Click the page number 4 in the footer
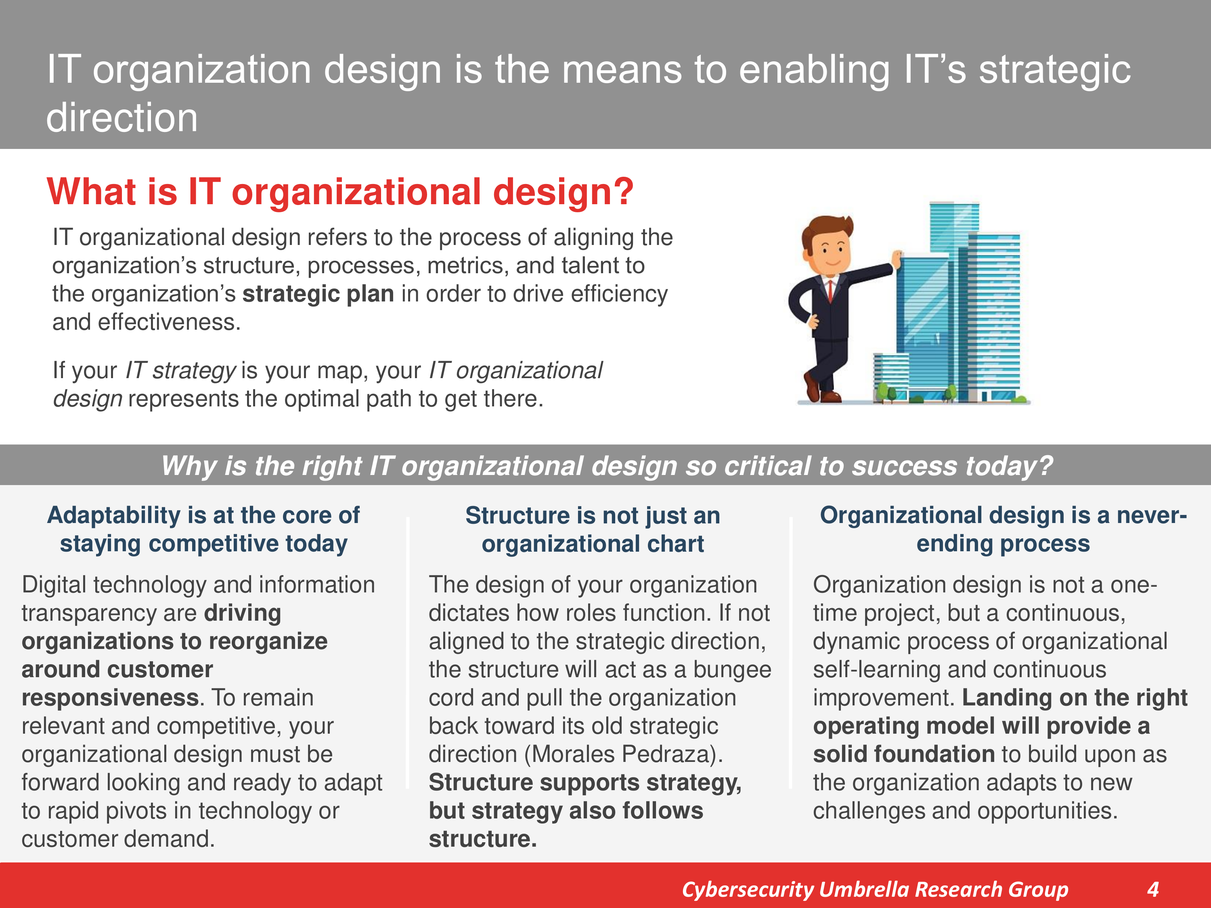(1153, 889)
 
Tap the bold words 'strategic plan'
(318, 294)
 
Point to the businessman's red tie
(830, 291)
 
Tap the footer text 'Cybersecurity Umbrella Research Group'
(875, 890)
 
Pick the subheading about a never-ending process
(1003, 529)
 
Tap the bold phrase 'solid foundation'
(903, 754)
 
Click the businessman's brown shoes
(821, 389)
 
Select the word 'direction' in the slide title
(122, 118)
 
